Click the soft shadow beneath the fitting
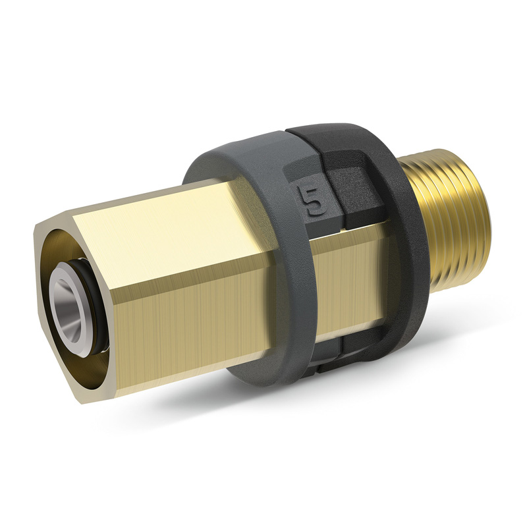[x=296, y=422]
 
